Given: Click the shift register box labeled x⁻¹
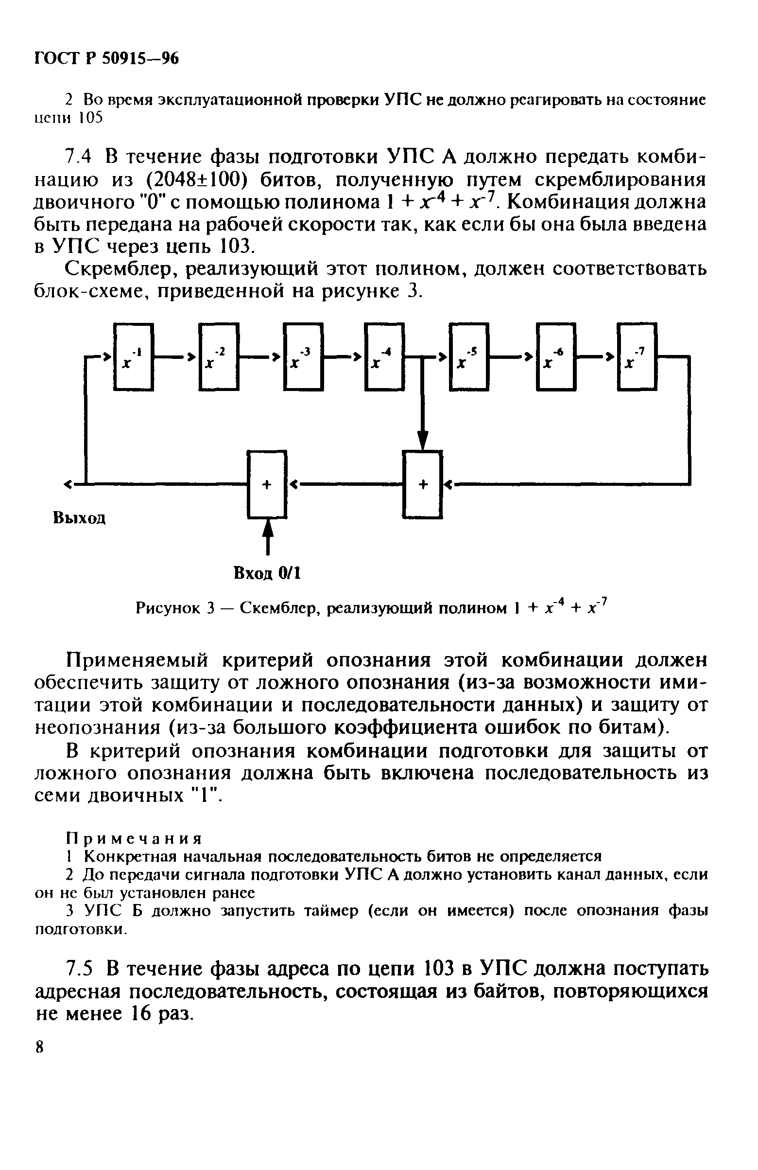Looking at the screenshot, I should [x=133, y=357].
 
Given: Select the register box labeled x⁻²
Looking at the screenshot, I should [x=219, y=357].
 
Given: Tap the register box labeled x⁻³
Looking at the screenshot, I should [x=303, y=357].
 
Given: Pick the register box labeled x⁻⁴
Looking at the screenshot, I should [x=384, y=357].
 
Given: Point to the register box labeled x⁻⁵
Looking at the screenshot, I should [x=469, y=357].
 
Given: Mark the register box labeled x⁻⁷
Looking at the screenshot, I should [x=637, y=357].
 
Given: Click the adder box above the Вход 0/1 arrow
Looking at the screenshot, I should [x=267, y=484].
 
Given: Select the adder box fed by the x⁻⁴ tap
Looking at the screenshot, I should [x=422, y=484].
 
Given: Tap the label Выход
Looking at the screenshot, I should [x=79, y=518].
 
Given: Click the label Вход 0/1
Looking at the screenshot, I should [x=267, y=573].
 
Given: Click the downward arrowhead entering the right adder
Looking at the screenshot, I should [x=422, y=439].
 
